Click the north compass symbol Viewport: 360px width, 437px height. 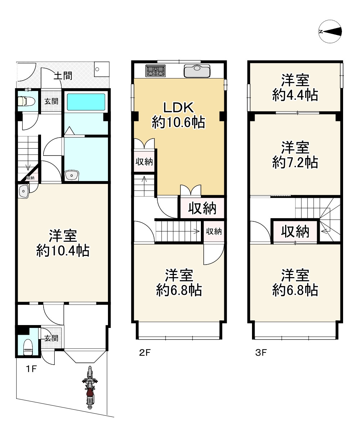pos(330,32)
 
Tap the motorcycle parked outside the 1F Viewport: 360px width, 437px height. pos(90,387)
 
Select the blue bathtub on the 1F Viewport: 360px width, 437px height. pos(86,102)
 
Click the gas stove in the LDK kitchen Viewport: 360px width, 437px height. pos(155,70)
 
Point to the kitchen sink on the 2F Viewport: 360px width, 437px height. pos(197,71)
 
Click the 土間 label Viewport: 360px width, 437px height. pos(63,76)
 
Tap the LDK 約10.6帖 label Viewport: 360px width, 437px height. pos(178,115)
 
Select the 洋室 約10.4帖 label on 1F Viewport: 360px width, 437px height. pos(63,243)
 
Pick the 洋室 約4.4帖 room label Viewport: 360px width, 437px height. pos(295,87)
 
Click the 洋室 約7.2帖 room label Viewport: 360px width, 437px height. pos(295,155)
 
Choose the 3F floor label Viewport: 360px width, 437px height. pos(261,353)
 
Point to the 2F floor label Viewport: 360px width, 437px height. pos(145,353)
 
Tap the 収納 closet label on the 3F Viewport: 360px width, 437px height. pos(295,231)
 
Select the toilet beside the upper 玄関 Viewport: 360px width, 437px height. pos(26,101)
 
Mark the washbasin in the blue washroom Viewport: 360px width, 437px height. pos(72,175)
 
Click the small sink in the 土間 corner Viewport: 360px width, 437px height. pos(102,69)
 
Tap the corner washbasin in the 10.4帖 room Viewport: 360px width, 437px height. pos(23,191)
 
